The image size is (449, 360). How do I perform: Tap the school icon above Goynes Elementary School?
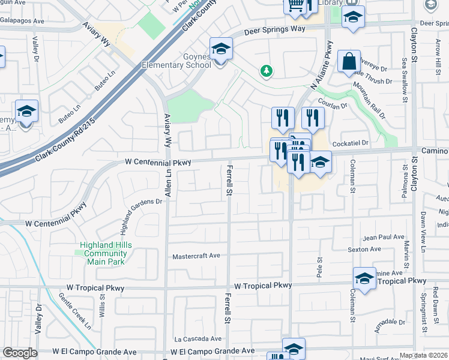coord(221,49)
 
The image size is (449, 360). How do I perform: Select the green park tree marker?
coord(266,71)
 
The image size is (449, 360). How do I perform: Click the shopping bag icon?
coord(349,61)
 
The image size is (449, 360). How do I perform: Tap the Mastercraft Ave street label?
coord(196,256)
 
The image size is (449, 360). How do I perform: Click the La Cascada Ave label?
coord(194,339)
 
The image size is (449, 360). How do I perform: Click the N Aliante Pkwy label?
coord(321,64)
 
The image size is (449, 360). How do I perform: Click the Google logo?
coord(20,353)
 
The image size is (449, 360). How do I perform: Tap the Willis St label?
coord(102,304)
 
